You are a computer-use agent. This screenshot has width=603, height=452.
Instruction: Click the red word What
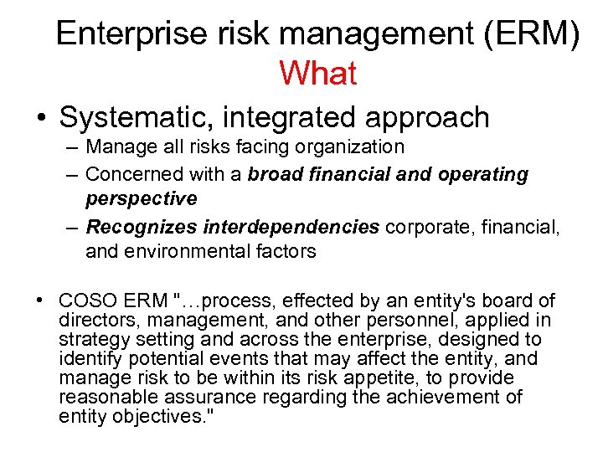(318, 74)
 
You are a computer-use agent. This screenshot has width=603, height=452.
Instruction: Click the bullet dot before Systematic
(41, 119)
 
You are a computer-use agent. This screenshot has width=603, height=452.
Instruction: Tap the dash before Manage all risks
(70, 148)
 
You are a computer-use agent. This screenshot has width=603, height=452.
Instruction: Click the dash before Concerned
(70, 175)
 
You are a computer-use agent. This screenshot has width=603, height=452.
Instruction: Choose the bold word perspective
(142, 199)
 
